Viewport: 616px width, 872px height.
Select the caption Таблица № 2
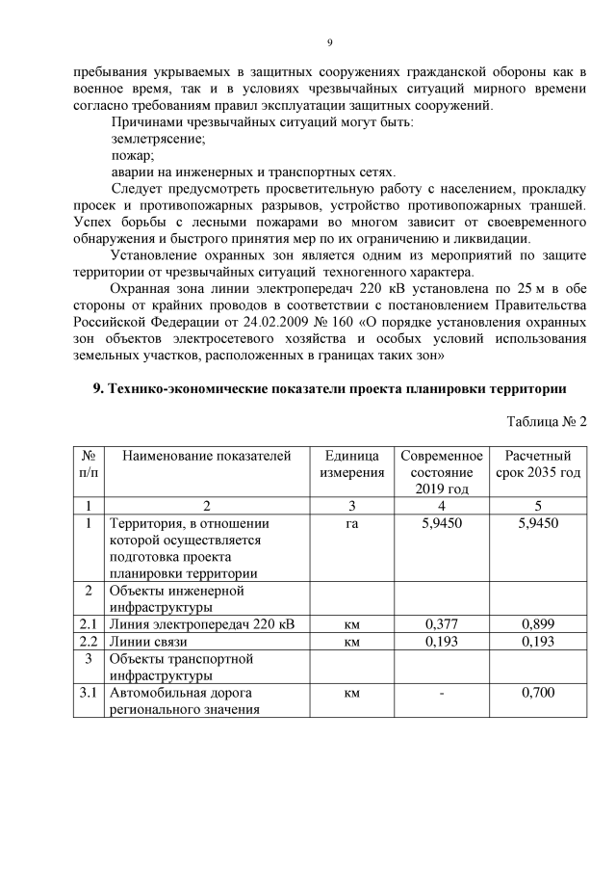(x=546, y=421)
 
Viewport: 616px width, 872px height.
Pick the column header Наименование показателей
(x=207, y=456)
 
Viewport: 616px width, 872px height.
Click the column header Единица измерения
(x=351, y=463)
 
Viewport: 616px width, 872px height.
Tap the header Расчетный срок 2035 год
(x=538, y=463)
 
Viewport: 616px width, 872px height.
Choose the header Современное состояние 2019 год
(x=441, y=472)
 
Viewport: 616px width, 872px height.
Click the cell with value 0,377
(x=441, y=623)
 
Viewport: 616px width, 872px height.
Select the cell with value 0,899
(x=537, y=623)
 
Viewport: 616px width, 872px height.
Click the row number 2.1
(x=89, y=623)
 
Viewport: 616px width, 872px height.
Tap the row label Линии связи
(x=148, y=641)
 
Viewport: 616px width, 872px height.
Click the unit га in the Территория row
(x=351, y=523)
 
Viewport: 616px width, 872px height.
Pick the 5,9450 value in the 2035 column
(x=537, y=523)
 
